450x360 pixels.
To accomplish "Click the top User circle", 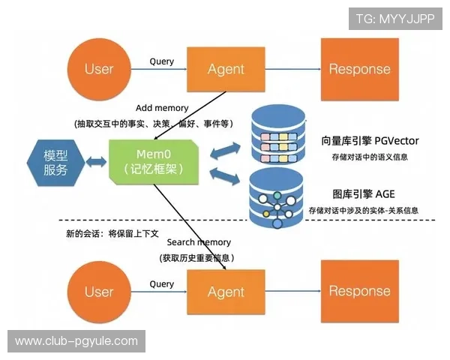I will pyautogui.click(x=98, y=69).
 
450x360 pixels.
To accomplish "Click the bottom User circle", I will pyautogui.click(x=98, y=291).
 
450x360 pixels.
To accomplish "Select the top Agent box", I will pyautogui.click(x=226, y=69).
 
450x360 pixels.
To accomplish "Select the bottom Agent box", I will pyautogui.click(x=226, y=291).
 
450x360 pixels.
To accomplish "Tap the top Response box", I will pyautogui.click(x=359, y=69).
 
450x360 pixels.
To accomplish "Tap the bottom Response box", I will pyautogui.click(x=359, y=291).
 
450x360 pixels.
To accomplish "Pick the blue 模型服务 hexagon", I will pyautogui.click(x=55, y=161).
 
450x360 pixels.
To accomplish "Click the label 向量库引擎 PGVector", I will pyautogui.click(x=370, y=141).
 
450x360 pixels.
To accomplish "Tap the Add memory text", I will pyautogui.click(x=162, y=108).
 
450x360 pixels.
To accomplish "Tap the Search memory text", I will pyautogui.click(x=199, y=242).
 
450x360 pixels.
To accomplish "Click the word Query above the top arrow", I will pyautogui.click(x=162, y=61).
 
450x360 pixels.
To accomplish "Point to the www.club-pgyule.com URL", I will pyautogui.click(x=76, y=341).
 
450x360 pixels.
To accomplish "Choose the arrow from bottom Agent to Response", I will pyautogui.click(x=293, y=291).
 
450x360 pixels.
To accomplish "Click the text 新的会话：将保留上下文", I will pyautogui.click(x=112, y=233).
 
